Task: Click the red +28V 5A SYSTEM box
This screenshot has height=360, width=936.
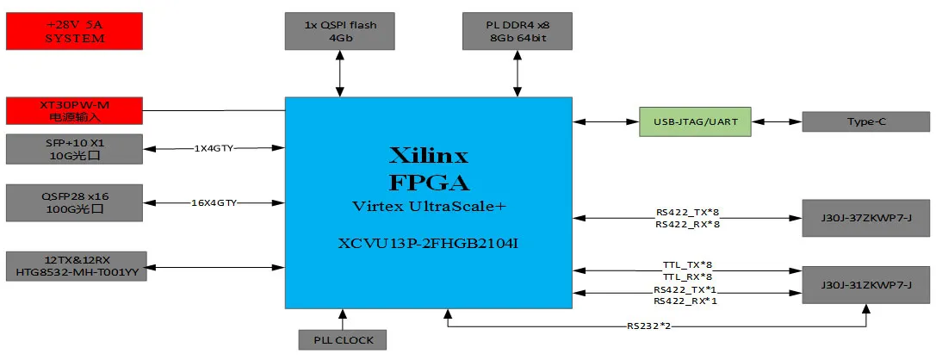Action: tap(73, 31)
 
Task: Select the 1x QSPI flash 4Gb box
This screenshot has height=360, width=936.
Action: tap(341, 31)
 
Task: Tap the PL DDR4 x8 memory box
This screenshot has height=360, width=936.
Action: tap(517, 31)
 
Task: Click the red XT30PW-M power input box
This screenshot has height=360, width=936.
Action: tap(73, 110)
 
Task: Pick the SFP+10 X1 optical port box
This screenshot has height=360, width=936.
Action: tap(73, 148)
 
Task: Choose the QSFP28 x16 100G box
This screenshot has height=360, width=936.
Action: tap(73, 202)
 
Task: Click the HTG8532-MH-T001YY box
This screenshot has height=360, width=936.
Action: tap(76, 265)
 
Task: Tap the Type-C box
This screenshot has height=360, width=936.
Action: tap(865, 121)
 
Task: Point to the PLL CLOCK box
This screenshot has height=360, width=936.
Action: tap(342, 339)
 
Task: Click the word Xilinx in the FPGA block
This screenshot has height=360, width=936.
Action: tap(428, 156)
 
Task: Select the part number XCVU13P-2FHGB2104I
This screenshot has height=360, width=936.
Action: tap(428, 245)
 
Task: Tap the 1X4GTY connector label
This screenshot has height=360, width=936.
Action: tap(214, 148)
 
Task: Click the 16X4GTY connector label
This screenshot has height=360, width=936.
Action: tap(214, 202)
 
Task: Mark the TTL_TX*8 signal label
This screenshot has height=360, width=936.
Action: tap(686, 265)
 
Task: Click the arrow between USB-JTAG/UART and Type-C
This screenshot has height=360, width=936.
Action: tap(775, 121)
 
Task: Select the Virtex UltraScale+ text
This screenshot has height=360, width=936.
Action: tap(428, 208)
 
